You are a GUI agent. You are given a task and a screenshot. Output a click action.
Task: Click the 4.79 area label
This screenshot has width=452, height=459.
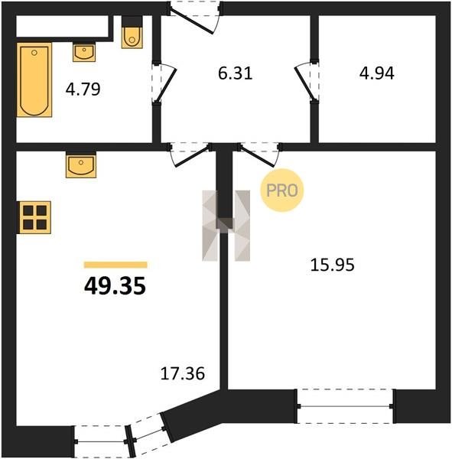point(83,90)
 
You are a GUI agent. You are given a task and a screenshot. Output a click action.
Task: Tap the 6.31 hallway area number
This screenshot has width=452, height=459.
point(235,73)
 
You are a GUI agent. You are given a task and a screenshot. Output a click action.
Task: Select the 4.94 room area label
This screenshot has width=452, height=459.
point(377,73)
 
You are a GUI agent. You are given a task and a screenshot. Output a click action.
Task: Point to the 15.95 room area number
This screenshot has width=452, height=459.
point(332,265)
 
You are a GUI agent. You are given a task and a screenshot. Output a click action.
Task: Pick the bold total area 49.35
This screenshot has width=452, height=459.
point(115,286)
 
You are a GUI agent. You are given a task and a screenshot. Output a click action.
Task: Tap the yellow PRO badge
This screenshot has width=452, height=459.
point(282,190)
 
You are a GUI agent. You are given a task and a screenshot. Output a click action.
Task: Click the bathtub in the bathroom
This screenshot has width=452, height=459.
point(34,80)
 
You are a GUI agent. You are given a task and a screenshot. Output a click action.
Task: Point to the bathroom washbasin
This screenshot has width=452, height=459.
point(84,52)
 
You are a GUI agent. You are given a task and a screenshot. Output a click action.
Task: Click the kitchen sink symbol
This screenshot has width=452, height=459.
point(81,165)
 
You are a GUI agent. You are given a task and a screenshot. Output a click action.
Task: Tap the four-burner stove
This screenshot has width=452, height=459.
point(34,217)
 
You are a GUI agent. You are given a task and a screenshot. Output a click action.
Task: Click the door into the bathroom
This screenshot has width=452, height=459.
point(164,83)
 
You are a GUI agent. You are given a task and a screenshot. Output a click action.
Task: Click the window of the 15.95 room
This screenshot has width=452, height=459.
point(346,406)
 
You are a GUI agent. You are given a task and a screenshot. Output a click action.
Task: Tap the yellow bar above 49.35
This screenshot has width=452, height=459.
point(115,265)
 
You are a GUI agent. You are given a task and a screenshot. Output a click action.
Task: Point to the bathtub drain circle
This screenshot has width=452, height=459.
point(34,53)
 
